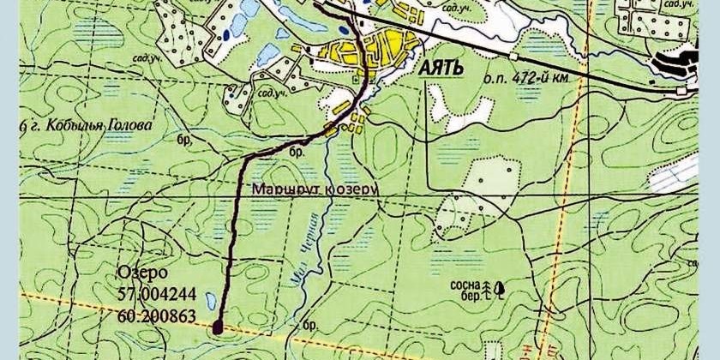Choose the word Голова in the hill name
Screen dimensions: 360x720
(x=129, y=125)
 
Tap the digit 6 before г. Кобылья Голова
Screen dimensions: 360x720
(x=21, y=126)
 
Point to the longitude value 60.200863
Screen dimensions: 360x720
(x=159, y=316)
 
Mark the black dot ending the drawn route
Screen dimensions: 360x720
(x=217, y=326)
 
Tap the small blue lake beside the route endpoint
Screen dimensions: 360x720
(x=211, y=301)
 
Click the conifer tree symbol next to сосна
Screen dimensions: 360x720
(x=488, y=288)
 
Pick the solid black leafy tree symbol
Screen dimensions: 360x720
(x=499, y=289)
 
